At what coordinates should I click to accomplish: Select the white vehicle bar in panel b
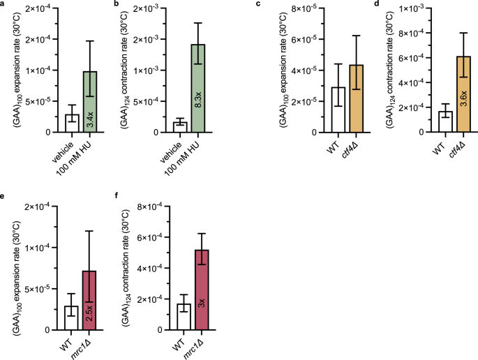click(x=180, y=127)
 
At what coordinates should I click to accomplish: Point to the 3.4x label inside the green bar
click(x=91, y=120)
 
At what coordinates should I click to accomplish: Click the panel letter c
click(x=259, y=4)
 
